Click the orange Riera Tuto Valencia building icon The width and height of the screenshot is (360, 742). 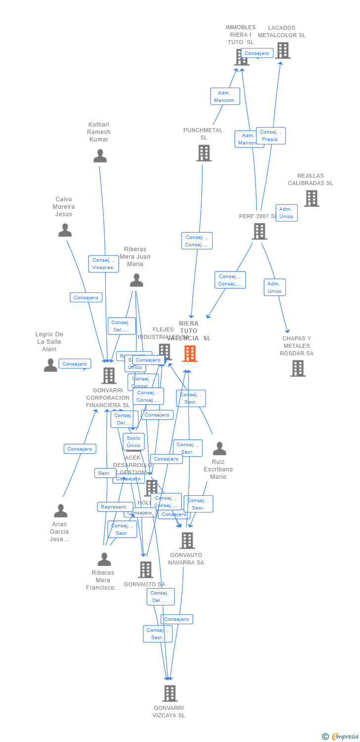pos(190,353)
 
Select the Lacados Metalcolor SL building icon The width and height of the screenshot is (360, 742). pos(283,50)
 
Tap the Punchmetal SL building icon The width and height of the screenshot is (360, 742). pos(204,153)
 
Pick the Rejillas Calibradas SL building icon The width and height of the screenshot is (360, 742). pos(311,198)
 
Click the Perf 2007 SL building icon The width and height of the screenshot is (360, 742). pos(259,231)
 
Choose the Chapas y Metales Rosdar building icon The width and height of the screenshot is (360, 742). pos(297,368)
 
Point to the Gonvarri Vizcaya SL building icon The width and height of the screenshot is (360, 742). pos(170,694)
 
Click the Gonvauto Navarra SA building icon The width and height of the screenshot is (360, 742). pos(187,541)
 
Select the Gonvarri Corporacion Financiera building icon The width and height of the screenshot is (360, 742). pos(109,375)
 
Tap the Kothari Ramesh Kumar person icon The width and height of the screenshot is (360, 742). pos(100,156)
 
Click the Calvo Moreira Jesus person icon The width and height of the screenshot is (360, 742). pos(65,231)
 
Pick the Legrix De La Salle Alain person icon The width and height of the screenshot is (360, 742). pos(50,366)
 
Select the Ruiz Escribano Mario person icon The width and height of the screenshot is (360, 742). pos(219,449)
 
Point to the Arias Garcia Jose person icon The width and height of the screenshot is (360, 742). pos(60,511)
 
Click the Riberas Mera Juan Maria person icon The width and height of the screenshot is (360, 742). pos(136,280)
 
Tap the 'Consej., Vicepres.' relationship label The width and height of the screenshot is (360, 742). pos(103,264)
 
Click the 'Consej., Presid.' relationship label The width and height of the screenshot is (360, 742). pos(270,136)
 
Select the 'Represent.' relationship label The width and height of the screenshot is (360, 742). pos(115,507)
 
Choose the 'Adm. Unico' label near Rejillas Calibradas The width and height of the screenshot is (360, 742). pos(286,213)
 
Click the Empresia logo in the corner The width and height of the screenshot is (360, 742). pos(340,737)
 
